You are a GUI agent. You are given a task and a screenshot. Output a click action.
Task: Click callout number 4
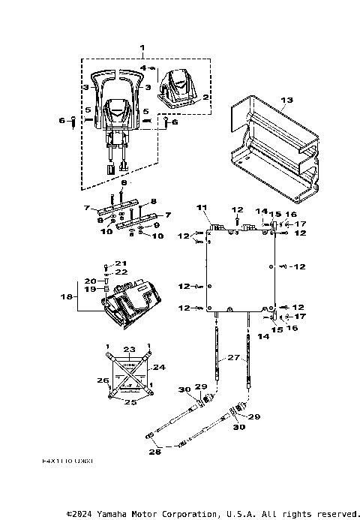143,68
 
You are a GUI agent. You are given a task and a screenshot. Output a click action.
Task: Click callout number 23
129,349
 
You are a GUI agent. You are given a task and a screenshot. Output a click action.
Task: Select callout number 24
159,368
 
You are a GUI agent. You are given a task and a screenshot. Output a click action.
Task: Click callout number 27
233,358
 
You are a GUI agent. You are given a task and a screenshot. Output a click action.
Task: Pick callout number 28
155,453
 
